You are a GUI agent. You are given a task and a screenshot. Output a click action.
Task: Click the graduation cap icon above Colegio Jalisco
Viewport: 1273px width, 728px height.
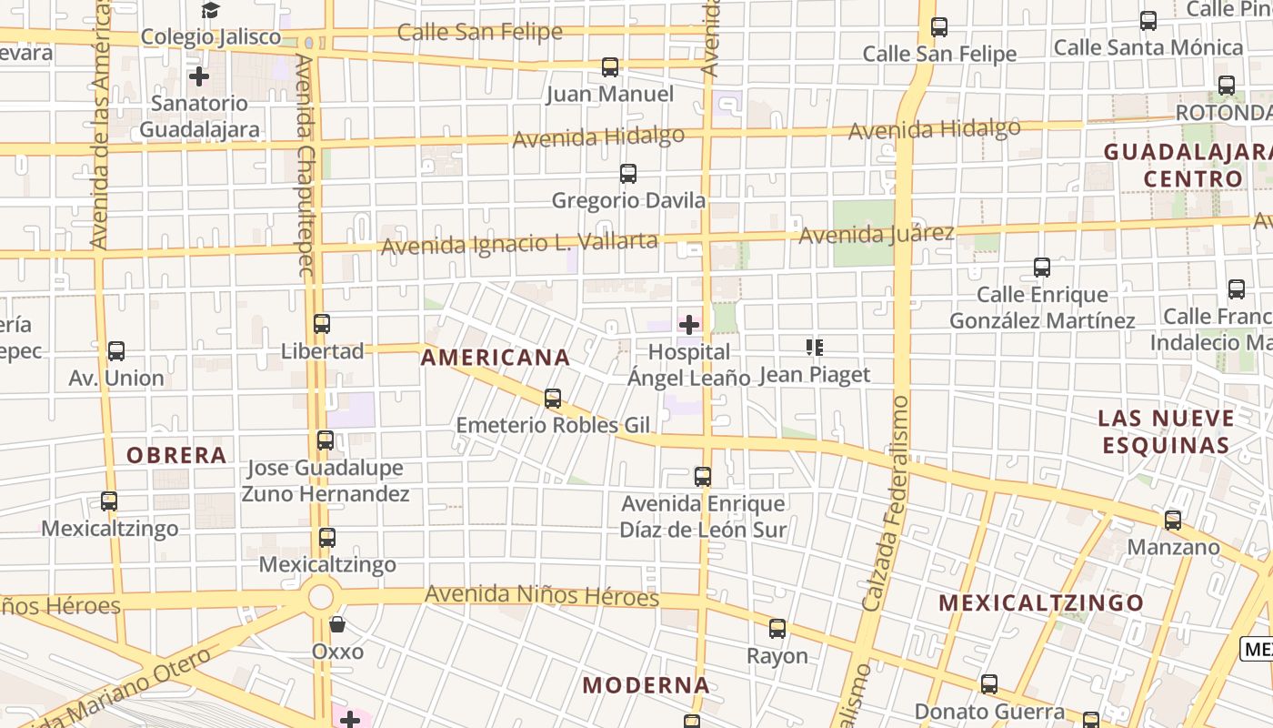pos(211,11)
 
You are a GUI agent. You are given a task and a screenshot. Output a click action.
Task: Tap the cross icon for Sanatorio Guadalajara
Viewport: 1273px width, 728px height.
pos(199,76)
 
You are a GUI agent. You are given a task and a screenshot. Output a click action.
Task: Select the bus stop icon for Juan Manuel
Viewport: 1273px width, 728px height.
pos(610,67)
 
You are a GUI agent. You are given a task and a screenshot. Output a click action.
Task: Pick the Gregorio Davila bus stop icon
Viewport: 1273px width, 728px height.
pos(627,174)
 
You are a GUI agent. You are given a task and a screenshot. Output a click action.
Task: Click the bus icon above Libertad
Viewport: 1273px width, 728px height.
pos(322,324)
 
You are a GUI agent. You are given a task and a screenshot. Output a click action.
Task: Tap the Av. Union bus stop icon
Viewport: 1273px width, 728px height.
pos(116,351)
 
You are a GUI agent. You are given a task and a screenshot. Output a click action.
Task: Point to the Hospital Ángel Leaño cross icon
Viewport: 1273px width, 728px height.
pos(689,324)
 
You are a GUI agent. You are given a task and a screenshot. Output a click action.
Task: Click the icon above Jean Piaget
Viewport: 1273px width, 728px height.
pos(814,348)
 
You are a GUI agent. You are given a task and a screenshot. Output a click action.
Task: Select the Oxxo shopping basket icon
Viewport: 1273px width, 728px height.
pos(337,624)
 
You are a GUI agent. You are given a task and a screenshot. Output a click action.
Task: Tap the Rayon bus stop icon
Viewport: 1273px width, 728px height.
pos(777,629)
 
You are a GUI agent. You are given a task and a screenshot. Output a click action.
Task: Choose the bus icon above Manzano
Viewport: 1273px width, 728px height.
pos(1173,521)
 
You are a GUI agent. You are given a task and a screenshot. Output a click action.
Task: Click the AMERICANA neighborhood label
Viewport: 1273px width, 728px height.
pos(496,358)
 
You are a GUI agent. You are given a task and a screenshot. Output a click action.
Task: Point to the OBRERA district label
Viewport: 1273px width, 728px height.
pos(176,455)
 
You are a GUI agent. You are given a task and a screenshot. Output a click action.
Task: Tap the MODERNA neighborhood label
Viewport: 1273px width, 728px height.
pos(646,685)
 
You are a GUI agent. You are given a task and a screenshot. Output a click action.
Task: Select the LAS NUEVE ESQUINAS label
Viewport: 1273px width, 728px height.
pos(1166,432)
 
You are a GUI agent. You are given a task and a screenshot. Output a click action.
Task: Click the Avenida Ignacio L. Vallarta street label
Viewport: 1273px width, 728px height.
pos(518,244)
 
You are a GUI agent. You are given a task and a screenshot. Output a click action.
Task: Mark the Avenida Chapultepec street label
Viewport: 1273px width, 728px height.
pos(306,164)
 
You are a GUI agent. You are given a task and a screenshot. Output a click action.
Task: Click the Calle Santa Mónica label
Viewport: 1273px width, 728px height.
pos(1148,46)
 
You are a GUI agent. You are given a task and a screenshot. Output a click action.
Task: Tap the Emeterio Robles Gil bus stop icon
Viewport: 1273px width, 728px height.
pos(553,399)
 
